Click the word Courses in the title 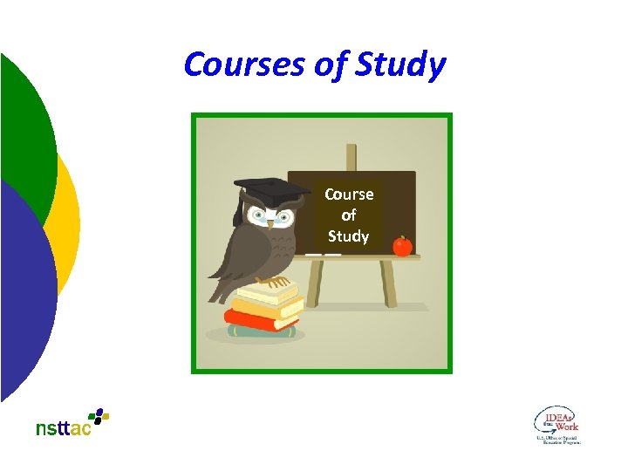(231, 65)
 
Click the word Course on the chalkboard (349, 195)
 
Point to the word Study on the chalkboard (349, 236)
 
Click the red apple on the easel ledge (402, 247)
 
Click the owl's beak (270, 223)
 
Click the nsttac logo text (63, 428)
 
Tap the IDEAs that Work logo (556, 425)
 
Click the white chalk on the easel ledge (322, 255)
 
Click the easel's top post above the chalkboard (351, 157)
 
